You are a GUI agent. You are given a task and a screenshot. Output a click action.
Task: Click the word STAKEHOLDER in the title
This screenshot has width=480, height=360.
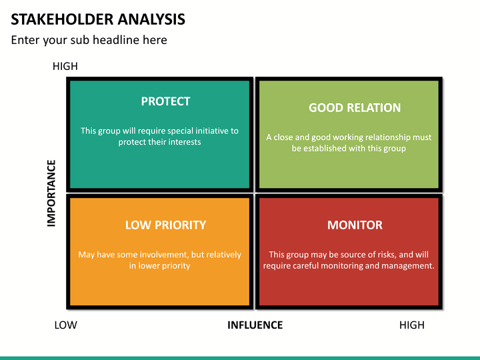(x=62, y=19)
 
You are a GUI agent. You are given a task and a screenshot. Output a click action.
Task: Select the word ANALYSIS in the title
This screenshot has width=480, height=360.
(x=151, y=19)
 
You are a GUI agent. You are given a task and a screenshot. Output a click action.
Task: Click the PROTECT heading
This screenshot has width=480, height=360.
(x=165, y=101)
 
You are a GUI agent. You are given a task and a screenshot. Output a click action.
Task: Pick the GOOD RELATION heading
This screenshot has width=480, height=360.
(x=355, y=108)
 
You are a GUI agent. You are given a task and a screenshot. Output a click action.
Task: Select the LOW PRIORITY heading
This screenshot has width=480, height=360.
(x=165, y=225)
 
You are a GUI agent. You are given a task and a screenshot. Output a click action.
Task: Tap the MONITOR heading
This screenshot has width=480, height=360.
(x=355, y=225)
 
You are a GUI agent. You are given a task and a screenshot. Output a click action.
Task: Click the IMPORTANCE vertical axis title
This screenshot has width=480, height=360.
(x=51, y=193)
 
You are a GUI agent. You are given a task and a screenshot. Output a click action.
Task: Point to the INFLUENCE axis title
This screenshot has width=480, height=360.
(x=255, y=325)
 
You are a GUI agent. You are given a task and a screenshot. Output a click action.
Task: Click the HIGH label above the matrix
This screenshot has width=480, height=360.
(x=65, y=66)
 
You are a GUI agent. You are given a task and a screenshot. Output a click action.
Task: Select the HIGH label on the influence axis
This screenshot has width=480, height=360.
(x=412, y=325)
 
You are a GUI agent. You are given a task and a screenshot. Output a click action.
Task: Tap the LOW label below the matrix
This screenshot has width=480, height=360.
(x=66, y=325)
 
